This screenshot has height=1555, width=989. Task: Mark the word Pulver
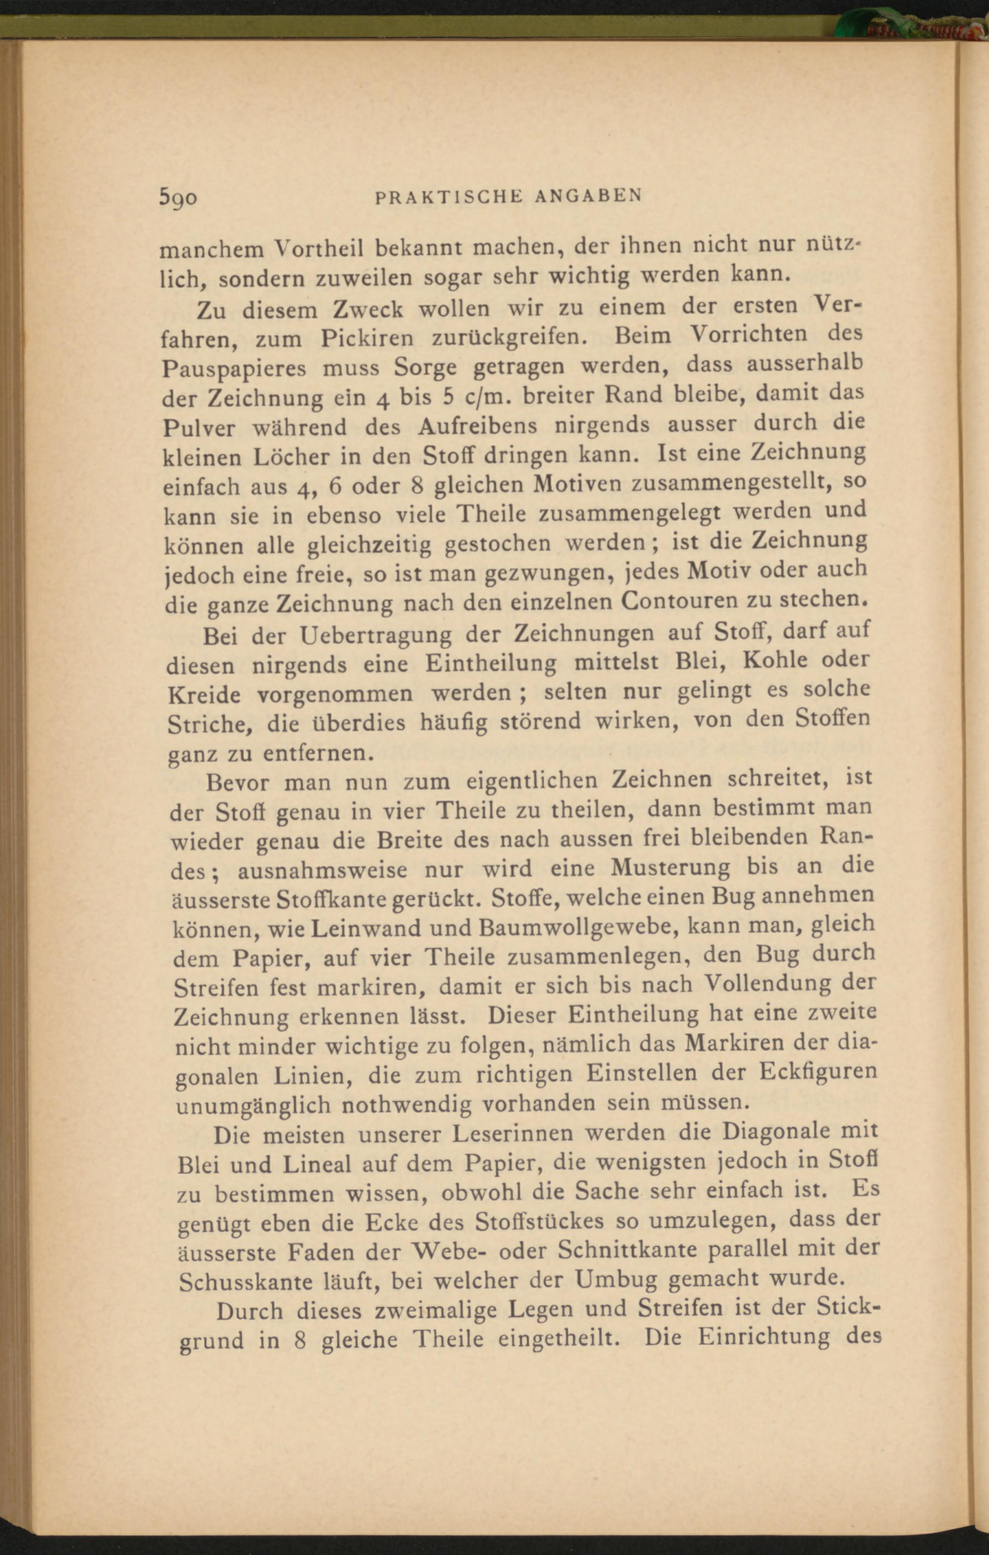pos(199,429)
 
